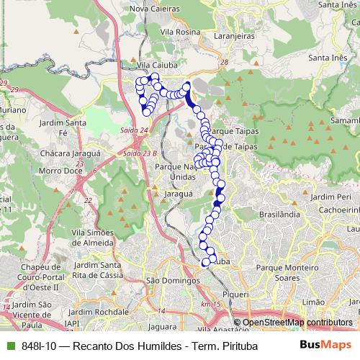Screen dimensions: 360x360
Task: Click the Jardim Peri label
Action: pyautogui.click(x=333, y=196)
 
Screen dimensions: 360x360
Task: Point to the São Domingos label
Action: pyautogui.click(x=172, y=280)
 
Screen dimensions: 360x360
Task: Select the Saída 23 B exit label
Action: pyautogui.click(x=140, y=153)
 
